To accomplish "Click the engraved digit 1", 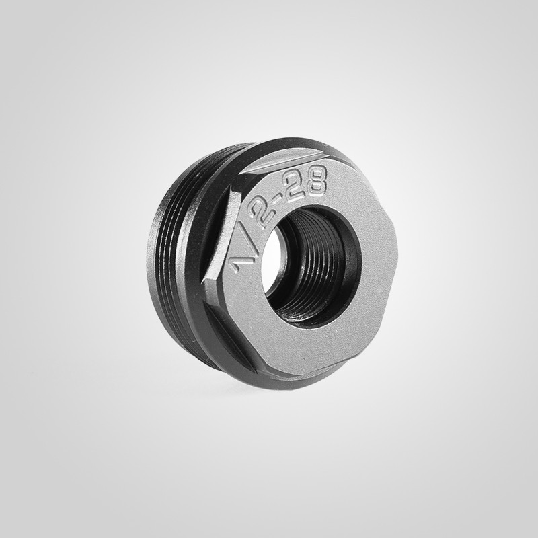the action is tap(237, 264).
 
